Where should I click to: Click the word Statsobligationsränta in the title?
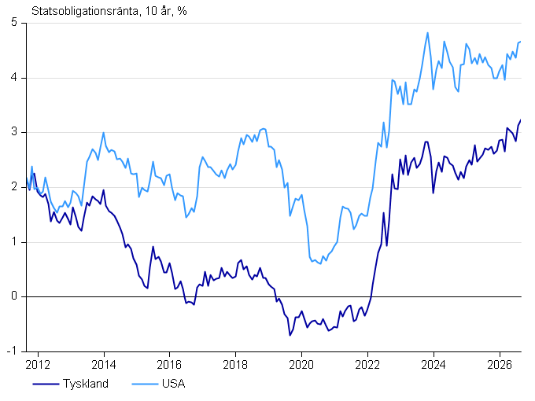[x=85, y=11]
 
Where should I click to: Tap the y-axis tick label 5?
[x=14, y=23]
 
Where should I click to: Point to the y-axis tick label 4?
[x=14, y=77]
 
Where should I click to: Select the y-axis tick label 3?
[x=14, y=132]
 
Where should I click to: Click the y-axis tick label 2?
[x=14, y=187]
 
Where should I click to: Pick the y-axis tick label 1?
[x=14, y=241]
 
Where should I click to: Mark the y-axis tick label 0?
[x=14, y=296]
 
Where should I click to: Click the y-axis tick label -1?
[x=12, y=351]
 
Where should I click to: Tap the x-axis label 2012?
[x=38, y=365]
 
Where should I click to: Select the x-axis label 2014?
[x=104, y=365]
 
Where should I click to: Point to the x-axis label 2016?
[x=169, y=365]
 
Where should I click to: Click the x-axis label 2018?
[x=235, y=365]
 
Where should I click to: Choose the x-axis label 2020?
[x=301, y=365]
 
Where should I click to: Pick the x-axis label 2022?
[x=367, y=365]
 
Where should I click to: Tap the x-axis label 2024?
[x=434, y=365]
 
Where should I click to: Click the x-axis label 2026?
[x=500, y=365]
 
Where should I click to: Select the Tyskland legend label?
[x=86, y=384]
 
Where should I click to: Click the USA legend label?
[x=174, y=384]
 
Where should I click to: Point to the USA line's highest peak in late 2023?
[x=427, y=33]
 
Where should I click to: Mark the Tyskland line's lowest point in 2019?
[x=290, y=336]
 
